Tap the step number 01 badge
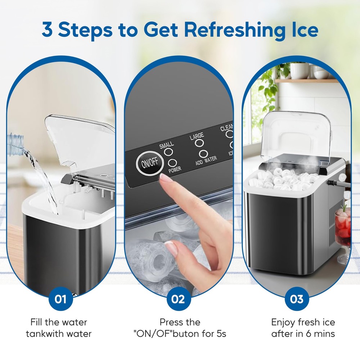click(60, 299)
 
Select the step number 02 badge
click(178, 299)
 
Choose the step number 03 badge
click(296, 299)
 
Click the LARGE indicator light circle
click(198, 143)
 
